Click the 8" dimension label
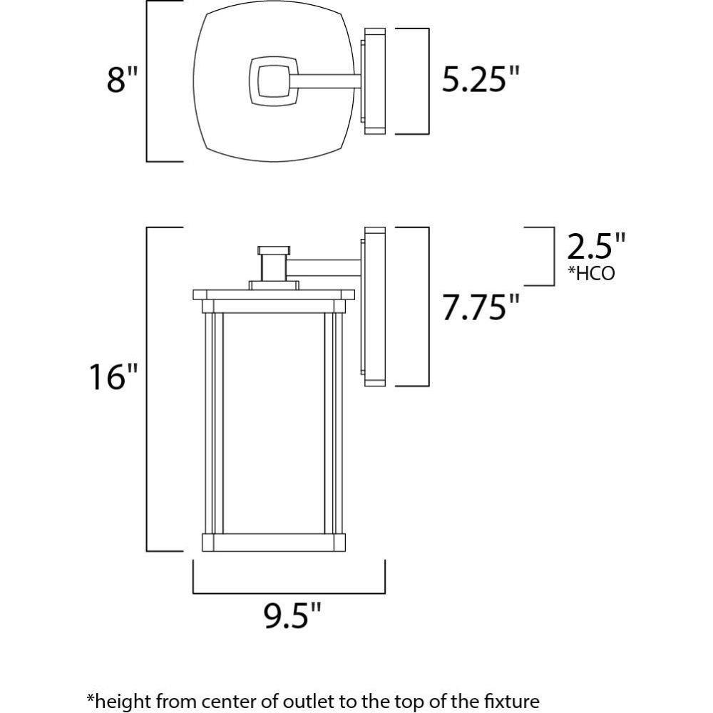pos(122,80)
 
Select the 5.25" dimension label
pos(481,80)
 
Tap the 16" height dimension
pos(112,377)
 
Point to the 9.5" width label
pos(292,616)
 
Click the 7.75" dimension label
pos(481,307)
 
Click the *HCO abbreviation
pos(591,273)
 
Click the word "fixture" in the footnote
pos(510,700)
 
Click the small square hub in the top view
pos(274,81)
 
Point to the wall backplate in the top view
pos(374,81)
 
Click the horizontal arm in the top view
pos(326,81)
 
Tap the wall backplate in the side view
pos(374,307)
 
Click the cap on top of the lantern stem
pos(274,250)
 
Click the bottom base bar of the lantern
pos(274,543)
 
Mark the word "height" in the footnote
pos(120,700)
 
